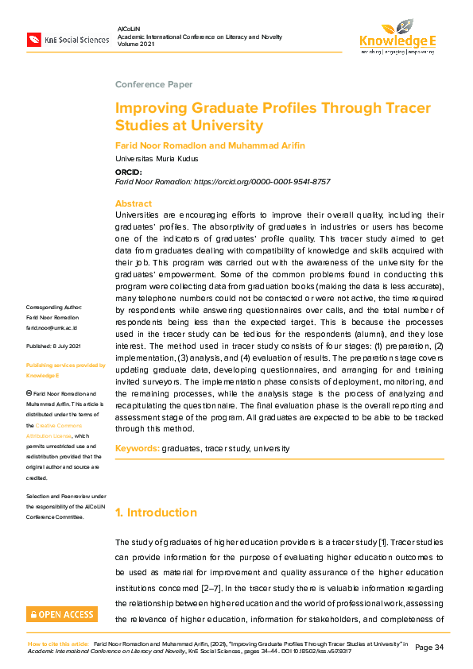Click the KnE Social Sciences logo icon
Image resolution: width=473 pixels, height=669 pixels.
(34, 39)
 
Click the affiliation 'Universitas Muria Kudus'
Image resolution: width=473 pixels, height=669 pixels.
(157, 159)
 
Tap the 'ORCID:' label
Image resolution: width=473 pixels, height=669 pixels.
(129, 172)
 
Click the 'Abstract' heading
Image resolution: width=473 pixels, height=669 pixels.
(134, 203)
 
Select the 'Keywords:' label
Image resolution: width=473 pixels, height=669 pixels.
(138, 448)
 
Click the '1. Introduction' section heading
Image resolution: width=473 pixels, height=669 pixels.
(156, 512)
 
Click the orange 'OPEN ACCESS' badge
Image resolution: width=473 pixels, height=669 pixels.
(62, 614)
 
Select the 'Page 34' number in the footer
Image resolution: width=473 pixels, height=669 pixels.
(430, 647)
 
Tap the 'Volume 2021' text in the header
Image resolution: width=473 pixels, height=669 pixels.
(137, 44)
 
